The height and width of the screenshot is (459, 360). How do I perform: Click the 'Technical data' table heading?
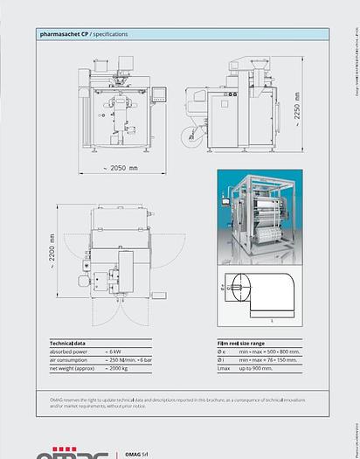[66, 344]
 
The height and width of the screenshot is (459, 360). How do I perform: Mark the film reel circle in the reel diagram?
[239, 285]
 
